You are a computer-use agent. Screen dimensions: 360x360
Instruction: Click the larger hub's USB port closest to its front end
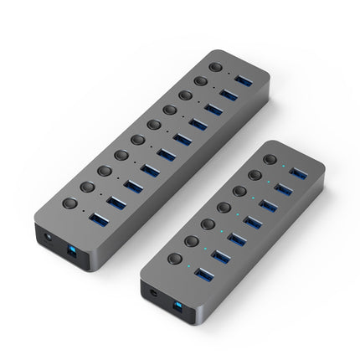point(98,220)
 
